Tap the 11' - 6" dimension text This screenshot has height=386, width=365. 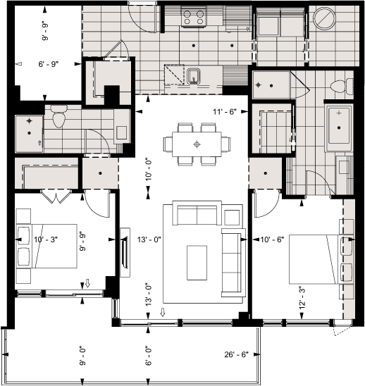point(226,112)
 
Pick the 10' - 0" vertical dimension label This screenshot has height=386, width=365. point(149,170)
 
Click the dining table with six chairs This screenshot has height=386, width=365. point(197,144)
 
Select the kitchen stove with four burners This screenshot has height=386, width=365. point(193,17)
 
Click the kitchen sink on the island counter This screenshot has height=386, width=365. point(194,75)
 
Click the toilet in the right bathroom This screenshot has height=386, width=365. point(338,86)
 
